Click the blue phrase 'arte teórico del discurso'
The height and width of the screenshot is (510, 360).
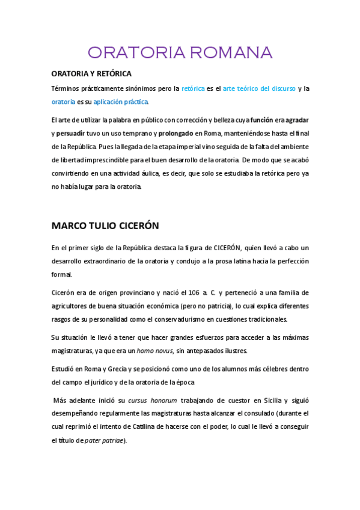click(x=259, y=88)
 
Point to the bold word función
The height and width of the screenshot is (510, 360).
click(x=261, y=119)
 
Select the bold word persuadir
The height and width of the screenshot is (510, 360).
click(x=70, y=133)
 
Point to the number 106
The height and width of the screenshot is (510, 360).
click(x=194, y=293)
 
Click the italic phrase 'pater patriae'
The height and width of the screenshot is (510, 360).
click(x=104, y=440)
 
